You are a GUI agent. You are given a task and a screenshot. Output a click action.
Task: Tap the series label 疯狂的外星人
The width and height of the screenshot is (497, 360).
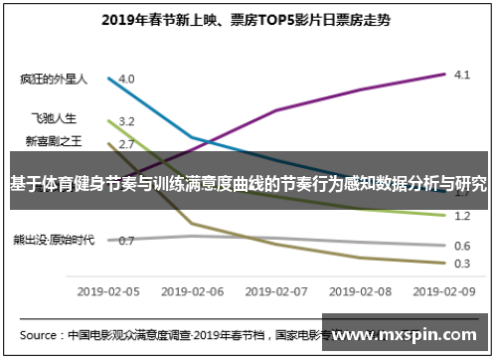point(54,78)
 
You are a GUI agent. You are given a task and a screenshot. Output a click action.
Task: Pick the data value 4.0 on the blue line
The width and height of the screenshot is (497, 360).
point(126,79)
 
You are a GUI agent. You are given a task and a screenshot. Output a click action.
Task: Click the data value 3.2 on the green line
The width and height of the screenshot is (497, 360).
point(126,121)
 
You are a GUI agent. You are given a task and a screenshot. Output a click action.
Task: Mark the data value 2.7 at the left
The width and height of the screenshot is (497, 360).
point(126,144)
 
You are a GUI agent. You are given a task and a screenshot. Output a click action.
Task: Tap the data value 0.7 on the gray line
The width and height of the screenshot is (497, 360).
point(126,241)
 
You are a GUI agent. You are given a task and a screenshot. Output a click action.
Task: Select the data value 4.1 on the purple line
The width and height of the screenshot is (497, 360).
point(461,75)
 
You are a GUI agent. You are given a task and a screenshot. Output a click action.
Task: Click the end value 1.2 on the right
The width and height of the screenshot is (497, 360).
point(461,216)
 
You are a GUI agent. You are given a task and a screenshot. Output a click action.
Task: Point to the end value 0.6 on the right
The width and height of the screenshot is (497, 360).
point(461,246)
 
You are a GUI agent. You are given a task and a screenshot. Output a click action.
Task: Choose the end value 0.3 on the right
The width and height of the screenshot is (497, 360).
point(461,264)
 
